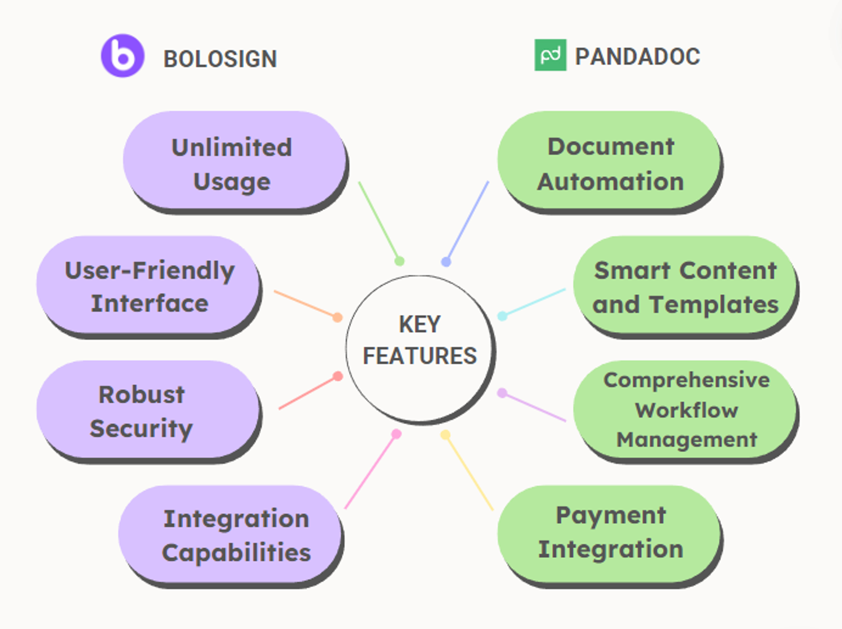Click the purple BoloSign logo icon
123,56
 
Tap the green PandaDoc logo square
550,55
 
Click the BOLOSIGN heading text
220,59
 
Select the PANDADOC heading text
637,56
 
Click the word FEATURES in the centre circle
419,356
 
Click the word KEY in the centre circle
419,324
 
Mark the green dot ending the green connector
399,261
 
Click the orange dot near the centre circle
337,317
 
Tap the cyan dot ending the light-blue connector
502,316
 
